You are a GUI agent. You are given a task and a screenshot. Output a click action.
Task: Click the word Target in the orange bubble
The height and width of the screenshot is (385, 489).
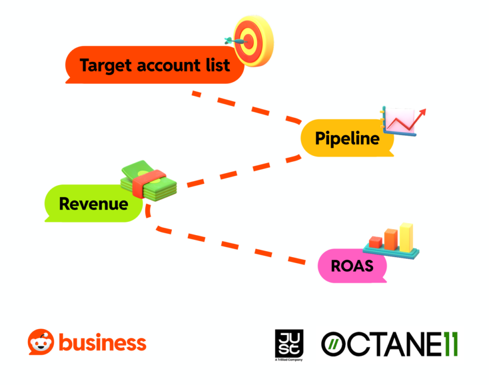(106, 65)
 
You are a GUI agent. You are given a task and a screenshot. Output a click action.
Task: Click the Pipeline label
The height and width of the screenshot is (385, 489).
(347, 138)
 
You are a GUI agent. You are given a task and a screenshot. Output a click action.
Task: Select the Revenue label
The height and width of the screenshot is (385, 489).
(94, 204)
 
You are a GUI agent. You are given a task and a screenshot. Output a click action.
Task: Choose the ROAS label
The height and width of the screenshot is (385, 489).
(352, 265)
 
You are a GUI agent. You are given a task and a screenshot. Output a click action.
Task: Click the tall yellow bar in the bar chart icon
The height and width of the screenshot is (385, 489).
(406, 238)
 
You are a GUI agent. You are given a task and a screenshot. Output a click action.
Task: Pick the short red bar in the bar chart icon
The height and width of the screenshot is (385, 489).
(376, 242)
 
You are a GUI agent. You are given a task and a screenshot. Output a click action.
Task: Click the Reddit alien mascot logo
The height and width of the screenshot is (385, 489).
(41, 342)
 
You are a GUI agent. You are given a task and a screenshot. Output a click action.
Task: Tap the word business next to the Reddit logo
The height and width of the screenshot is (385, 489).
(102, 343)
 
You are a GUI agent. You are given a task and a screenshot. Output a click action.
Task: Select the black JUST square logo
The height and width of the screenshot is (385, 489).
(289, 343)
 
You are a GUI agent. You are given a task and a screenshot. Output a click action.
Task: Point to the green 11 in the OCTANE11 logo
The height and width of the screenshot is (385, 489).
(449, 344)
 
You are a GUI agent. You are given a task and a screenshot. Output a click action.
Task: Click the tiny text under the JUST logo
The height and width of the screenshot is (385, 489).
(289, 359)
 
